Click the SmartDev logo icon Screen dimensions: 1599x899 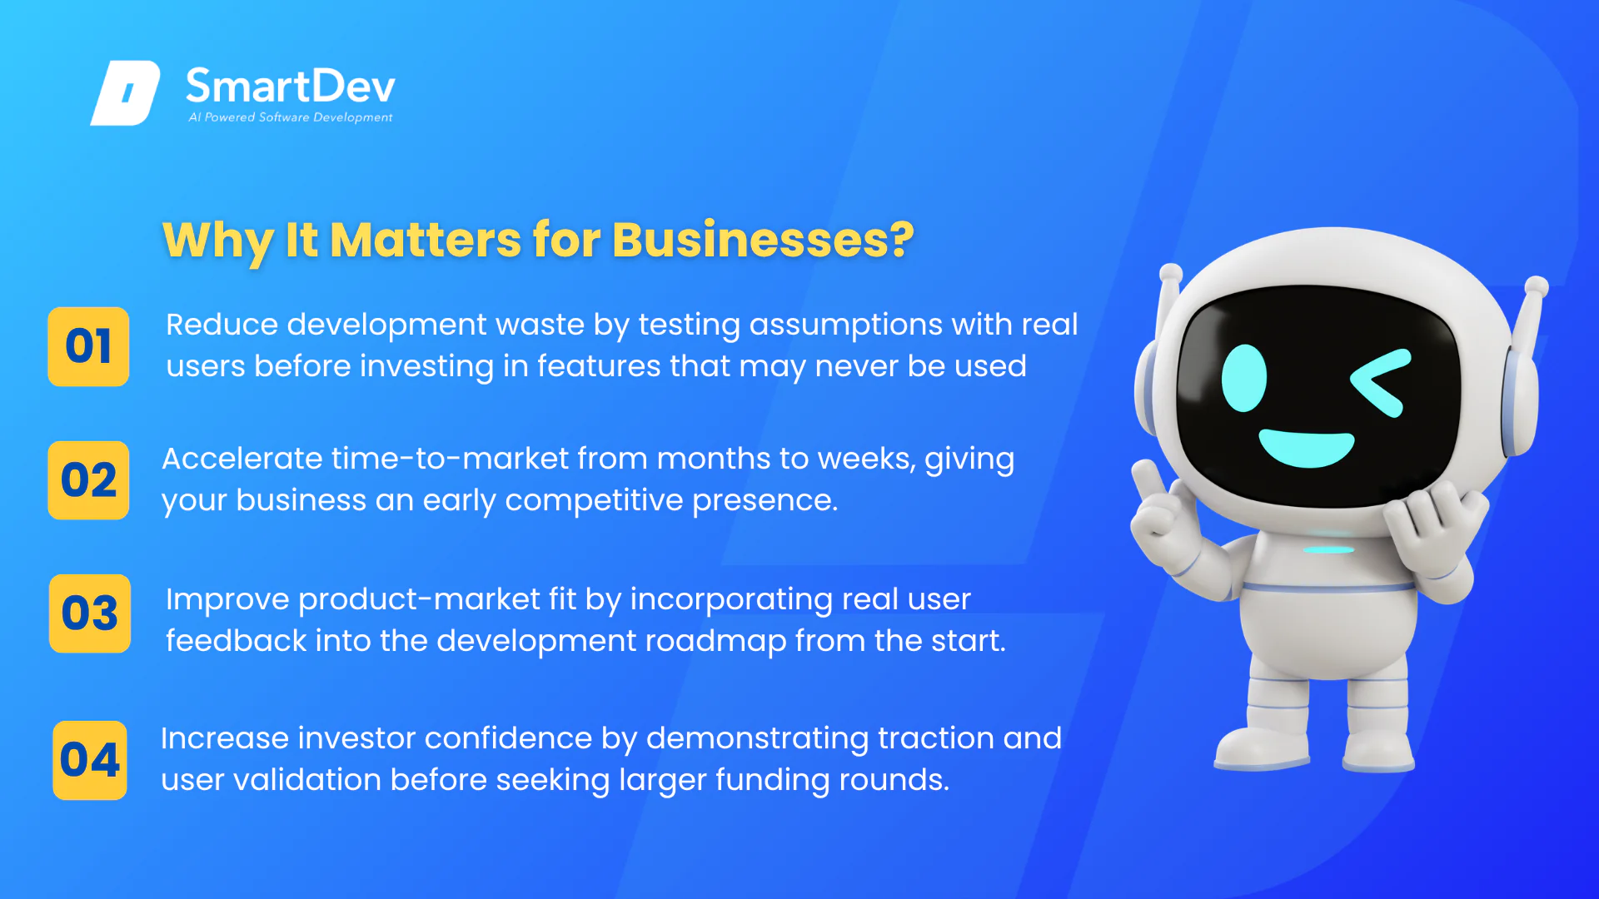point(125,92)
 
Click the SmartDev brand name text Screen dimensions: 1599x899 point(291,87)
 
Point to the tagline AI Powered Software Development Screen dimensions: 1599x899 point(291,117)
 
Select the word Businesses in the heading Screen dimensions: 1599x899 point(763,240)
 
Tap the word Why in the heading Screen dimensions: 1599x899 point(218,241)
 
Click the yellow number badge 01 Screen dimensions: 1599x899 point(88,346)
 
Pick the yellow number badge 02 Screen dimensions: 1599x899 point(88,480)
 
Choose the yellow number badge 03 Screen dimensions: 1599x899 point(90,613)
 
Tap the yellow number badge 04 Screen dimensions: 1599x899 point(90,760)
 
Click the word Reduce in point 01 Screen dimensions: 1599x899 point(222,325)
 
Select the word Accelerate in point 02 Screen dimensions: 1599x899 point(242,459)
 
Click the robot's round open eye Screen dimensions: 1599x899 point(1244,378)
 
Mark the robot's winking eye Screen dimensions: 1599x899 point(1381,382)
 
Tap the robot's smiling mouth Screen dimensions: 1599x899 point(1306,448)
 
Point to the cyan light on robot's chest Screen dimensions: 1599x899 point(1328,549)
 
